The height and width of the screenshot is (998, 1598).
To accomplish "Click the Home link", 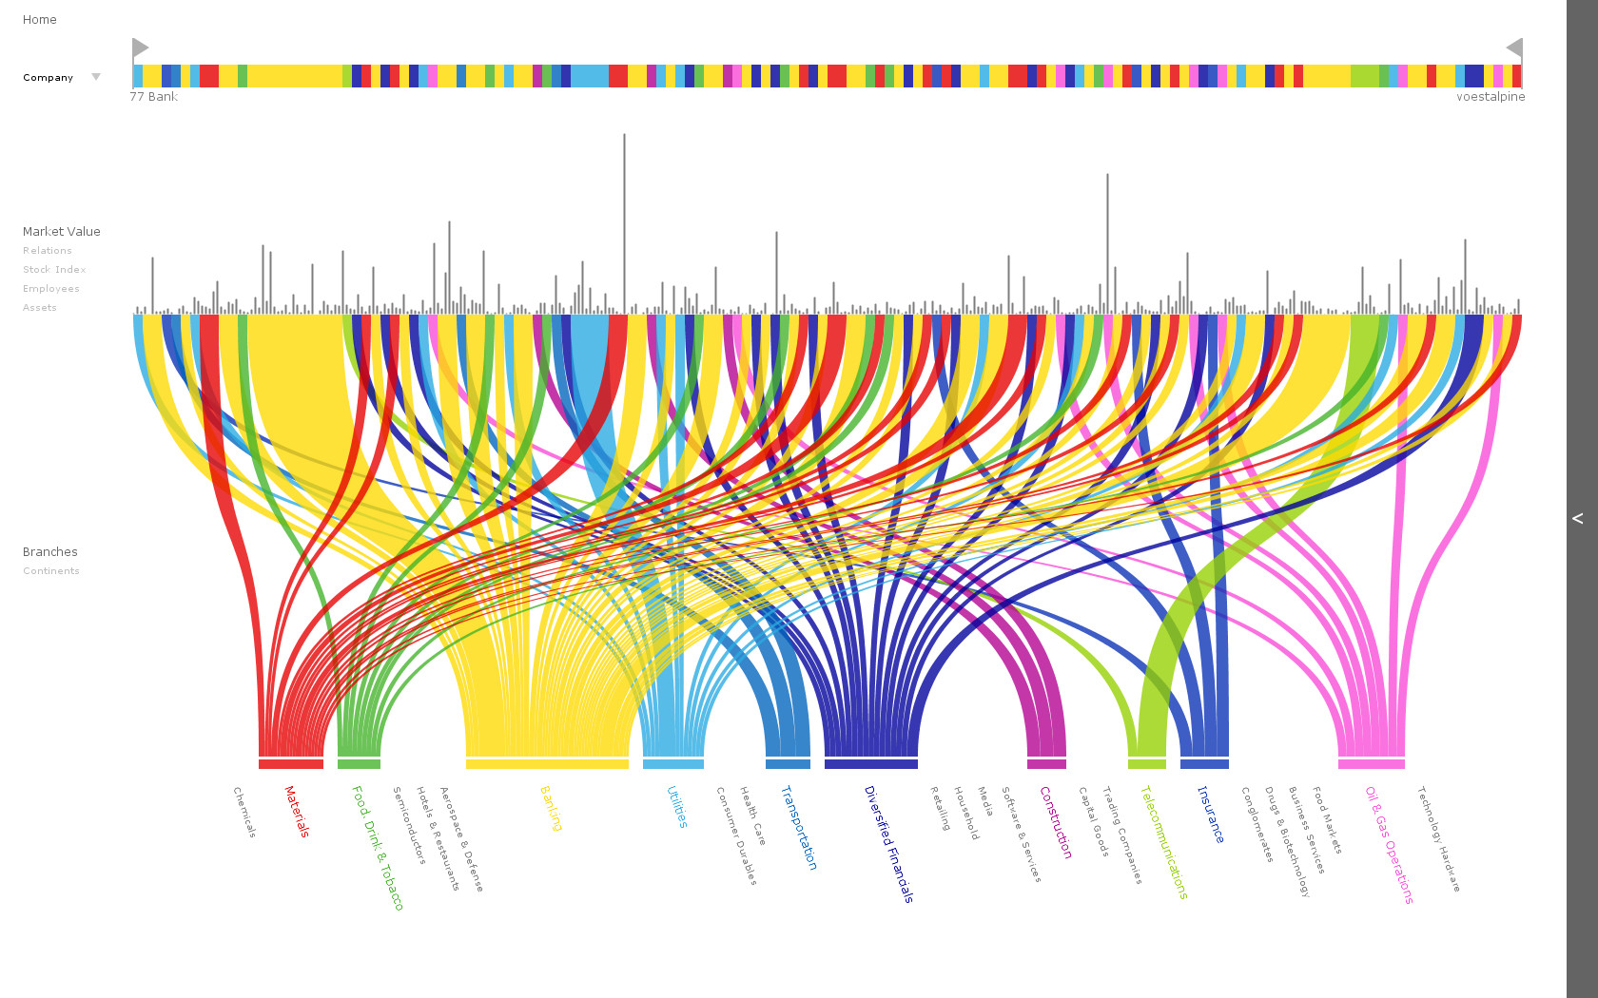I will [x=39, y=19].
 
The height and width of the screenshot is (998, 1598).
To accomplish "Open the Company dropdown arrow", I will [x=95, y=77].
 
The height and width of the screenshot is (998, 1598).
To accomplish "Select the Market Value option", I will [x=61, y=231].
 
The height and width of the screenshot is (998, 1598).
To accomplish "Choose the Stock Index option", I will [x=54, y=270].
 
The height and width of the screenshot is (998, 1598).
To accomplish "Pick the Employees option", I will [x=51, y=289].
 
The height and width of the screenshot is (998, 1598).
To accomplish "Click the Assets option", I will [x=40, y=308].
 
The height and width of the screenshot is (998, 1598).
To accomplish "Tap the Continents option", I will [x=51, y=571].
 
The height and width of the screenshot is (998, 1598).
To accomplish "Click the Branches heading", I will [x=50, y=551].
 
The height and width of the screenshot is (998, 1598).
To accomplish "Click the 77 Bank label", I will [x=154, y=97].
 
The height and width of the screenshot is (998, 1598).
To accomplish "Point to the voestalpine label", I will [x=1490, y=97].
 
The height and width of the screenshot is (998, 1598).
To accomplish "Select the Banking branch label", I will [x=551, y=808].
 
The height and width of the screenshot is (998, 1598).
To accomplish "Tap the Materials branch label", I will [x=297, y=811].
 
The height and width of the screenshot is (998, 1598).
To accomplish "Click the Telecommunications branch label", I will [x=1163, y=841].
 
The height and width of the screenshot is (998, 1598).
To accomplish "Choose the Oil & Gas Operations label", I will [x=1389, y=844].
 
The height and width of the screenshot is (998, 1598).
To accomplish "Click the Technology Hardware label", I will [x=1438, y=837].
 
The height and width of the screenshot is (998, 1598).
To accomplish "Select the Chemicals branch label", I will [x=244, y=812].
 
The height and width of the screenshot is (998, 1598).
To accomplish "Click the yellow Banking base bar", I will [x=547, y=764].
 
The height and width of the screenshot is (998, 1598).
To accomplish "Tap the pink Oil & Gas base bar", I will [x=1371, y=764].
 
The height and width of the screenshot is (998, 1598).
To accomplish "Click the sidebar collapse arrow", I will [x=1578, y=518].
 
